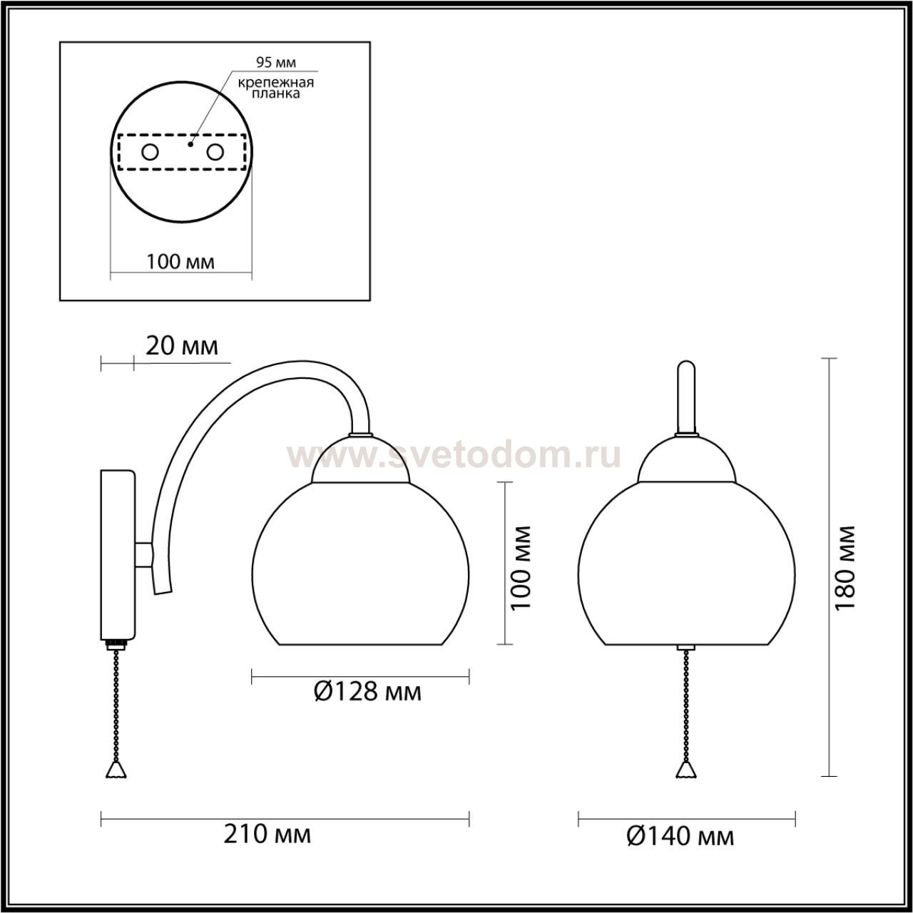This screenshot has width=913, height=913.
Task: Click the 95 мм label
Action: point(276,62)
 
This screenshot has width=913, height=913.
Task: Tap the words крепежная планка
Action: point(276,88)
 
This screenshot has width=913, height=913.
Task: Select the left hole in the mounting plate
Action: point(151,153)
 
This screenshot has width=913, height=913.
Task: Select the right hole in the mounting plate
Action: point(215,153)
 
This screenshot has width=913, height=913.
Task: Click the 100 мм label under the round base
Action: point(180,262)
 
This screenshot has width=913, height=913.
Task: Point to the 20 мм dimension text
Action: point(182,347)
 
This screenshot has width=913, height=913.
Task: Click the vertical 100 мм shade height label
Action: point(521,568)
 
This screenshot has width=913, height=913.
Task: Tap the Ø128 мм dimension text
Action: point(367,692)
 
